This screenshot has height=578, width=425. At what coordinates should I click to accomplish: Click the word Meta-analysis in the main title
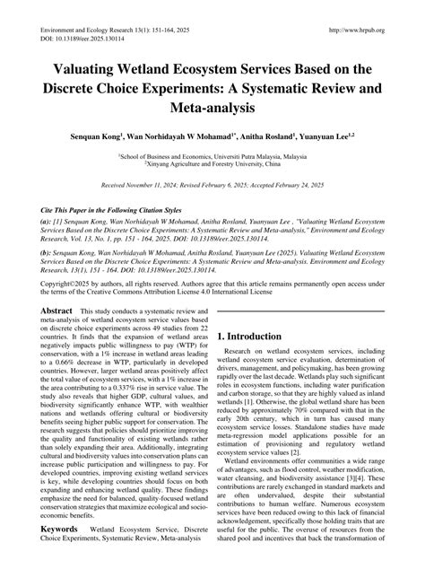coord(212,107)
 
